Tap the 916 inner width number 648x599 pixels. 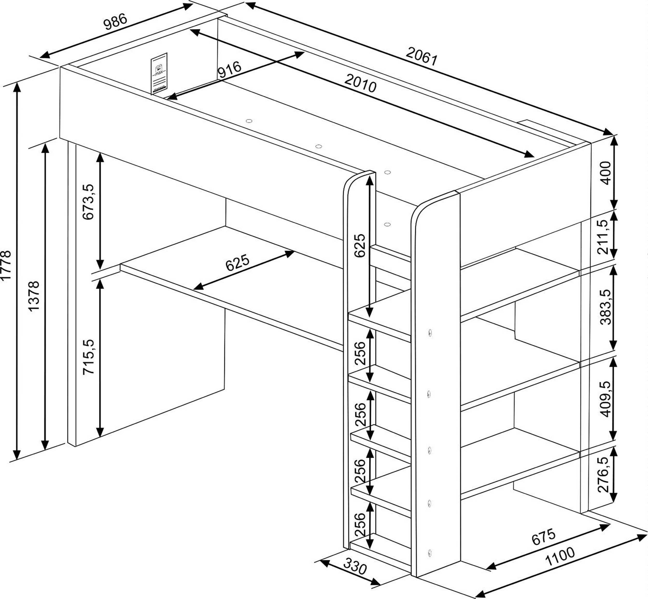click(x=229, y=70)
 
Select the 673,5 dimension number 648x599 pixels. click(x=88, y=202)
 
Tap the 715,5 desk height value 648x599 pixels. click(x=88, y=357)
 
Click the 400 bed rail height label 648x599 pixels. click(x=605, y=173)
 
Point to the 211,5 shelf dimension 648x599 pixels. click(x=605, y=237)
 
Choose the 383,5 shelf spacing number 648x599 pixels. click(x=605, y=307)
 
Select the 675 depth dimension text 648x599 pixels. click(x=543, y=537)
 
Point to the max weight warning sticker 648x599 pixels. click(x=159, y=74)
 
